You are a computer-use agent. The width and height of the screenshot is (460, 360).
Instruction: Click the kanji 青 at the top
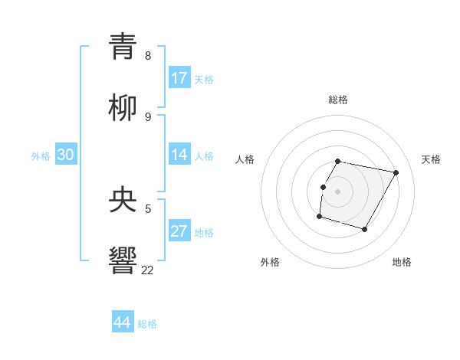[x=123, y=47]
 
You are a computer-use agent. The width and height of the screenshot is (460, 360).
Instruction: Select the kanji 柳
[x=123, y=108]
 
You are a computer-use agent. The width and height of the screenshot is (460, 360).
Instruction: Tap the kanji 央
[x=123, y=201]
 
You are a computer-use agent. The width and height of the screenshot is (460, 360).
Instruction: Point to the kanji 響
[x=123, y=261]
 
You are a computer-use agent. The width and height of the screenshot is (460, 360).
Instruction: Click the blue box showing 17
[x=179, y=78]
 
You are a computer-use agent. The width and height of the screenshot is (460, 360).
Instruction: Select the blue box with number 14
[x=179, y=155]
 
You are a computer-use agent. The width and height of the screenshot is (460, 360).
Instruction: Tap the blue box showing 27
[x=179, y=231]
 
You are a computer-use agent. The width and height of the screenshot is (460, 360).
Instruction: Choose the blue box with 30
[x=66, y=155]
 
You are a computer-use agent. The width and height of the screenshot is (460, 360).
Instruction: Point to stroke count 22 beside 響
[x=147, y=270]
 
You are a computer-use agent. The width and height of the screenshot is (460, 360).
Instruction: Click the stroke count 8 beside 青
[x=148, y=56]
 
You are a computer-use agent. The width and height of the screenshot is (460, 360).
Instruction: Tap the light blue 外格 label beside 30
[x=41, y=156]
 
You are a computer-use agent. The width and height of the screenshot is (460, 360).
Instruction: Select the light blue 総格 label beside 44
[x=147, y=324]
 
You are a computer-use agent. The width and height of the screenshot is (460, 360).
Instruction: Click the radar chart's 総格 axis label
[x=337, y=100]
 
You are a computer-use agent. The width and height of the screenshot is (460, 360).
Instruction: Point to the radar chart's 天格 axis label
[x=431, y=159]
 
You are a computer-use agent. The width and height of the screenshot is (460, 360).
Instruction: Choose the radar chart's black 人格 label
[x=245, y=159]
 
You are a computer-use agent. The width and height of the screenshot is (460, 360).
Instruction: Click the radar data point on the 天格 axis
[x=396, y=173]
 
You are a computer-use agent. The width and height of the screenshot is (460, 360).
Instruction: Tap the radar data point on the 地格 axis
[x=364, y=229]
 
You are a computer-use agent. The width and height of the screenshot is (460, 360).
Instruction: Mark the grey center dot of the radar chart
[x=337, y=191]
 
